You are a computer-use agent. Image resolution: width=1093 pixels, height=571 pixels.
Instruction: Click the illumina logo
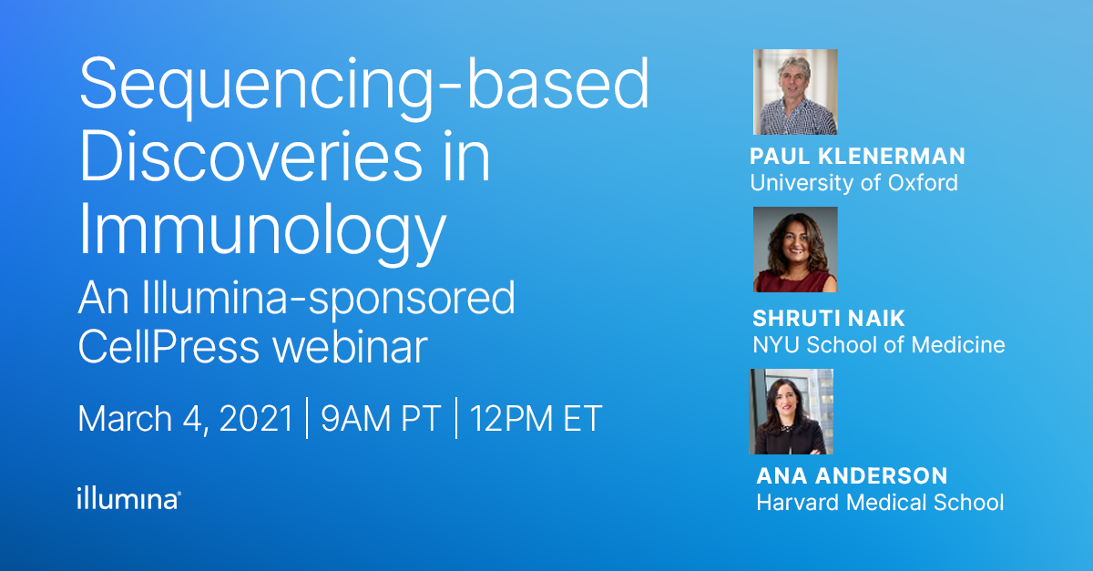pyautogui.click(x=128, y=498)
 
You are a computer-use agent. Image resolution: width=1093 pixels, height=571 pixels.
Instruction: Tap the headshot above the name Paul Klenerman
pyautogui.click(x=795, y=92)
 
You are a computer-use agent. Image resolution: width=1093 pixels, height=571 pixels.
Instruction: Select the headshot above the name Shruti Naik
pyautogui.click(x=795, y=250)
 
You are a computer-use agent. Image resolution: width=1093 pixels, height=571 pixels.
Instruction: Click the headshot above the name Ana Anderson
pyautogui.click(x=791, y=412)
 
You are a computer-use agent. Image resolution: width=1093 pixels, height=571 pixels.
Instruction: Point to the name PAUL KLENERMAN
pyautogui.click(x=857, y=157)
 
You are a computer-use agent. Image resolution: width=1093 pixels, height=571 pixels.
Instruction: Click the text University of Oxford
pyautogui.click(x=853, y=182)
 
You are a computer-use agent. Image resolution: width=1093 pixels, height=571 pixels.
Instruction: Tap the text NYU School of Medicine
pyautogui.click(x=878, y=345)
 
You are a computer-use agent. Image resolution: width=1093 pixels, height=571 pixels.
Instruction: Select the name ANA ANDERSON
pyautogui.click(x=852, y=476)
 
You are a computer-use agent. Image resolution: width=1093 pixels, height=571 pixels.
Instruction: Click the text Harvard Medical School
pyautogui.click(x=880, y=502)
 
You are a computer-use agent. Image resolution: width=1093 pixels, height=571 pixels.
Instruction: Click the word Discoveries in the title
pyautogui.click(x=251, y=160)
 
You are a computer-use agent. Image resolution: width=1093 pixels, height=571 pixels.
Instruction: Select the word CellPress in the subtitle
pyautogui.click(x=158, y=348)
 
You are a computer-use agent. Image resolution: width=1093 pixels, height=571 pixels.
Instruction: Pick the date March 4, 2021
pyautogui.click(x=186, y=419)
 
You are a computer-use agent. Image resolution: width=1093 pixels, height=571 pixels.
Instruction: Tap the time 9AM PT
pyautogui.click(x=381, y=419)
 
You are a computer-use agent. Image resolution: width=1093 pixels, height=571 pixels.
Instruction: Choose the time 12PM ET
pyautogui.click(x=536, y=419)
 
